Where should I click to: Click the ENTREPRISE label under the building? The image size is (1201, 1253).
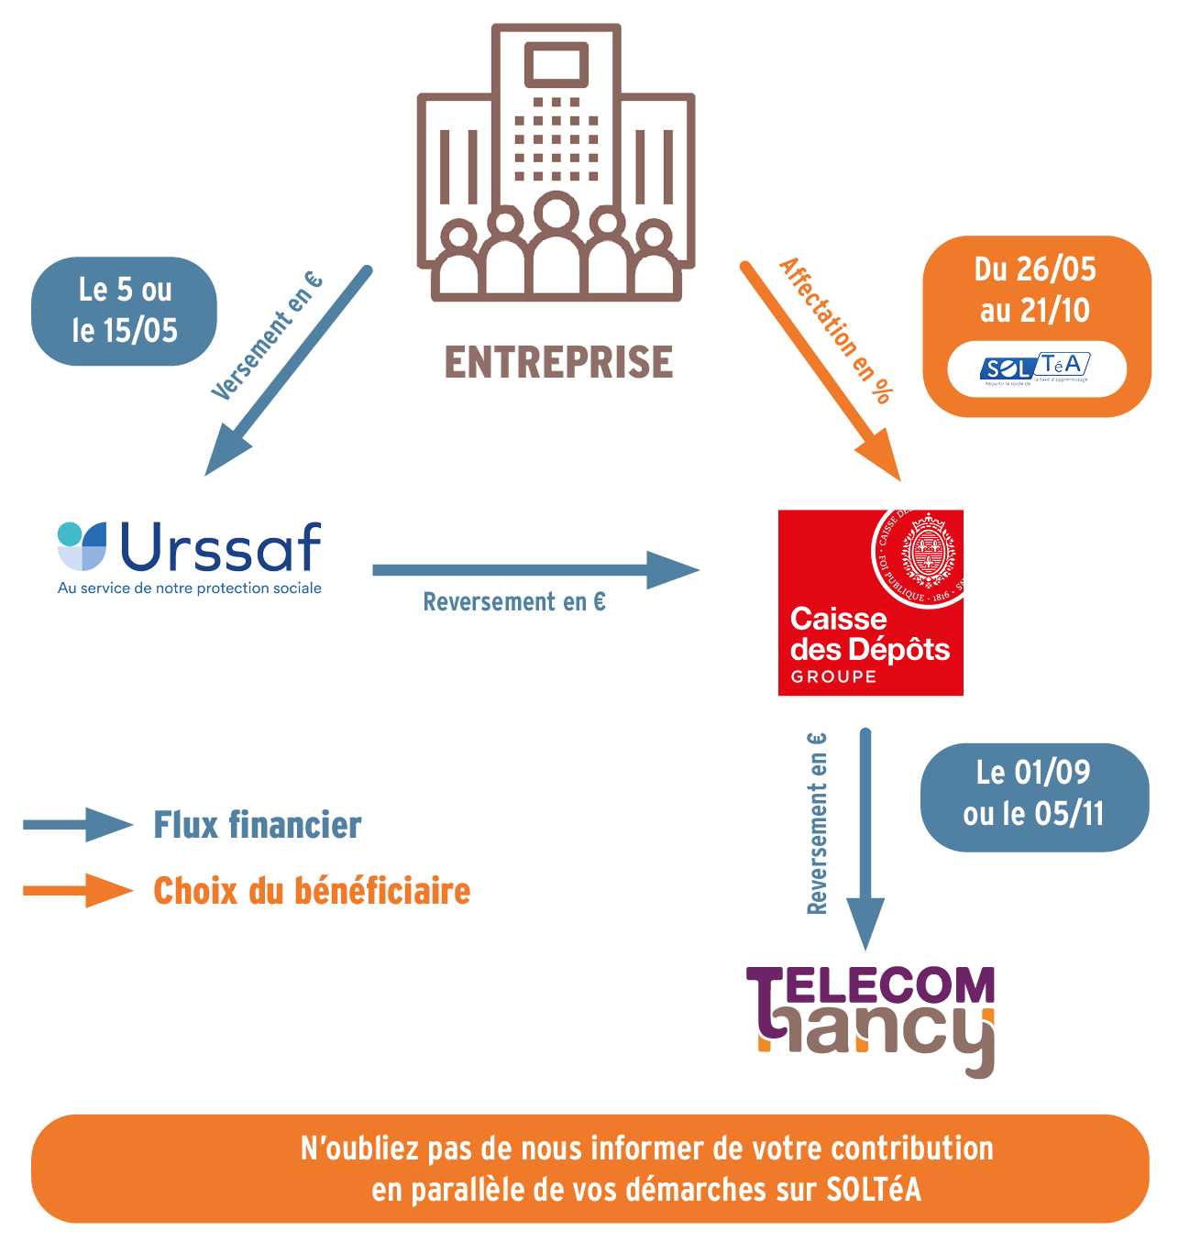click(558, 363)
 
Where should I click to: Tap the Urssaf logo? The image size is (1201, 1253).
click(191, 548)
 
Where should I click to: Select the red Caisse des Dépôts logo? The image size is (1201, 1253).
click(870, 603)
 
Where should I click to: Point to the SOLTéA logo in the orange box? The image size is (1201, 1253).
click(1036, 369)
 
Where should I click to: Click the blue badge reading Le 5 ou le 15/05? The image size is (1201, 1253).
click(125, 311)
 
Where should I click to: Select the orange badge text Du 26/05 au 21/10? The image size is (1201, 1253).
click(1036, 290)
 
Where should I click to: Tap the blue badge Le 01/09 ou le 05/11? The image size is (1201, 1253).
click(1034, 794)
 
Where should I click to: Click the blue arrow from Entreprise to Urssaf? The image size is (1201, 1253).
click(287, 372)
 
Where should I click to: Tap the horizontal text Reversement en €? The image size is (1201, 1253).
click(514, 602)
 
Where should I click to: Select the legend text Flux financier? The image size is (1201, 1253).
click(258, 825)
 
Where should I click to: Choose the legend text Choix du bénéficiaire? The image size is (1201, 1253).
click(312, 891)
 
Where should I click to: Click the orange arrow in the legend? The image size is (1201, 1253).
click(78, 890)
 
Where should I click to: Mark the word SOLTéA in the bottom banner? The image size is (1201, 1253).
click(873, 1190)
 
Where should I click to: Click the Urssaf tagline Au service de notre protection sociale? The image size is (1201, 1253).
click(190, 588)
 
